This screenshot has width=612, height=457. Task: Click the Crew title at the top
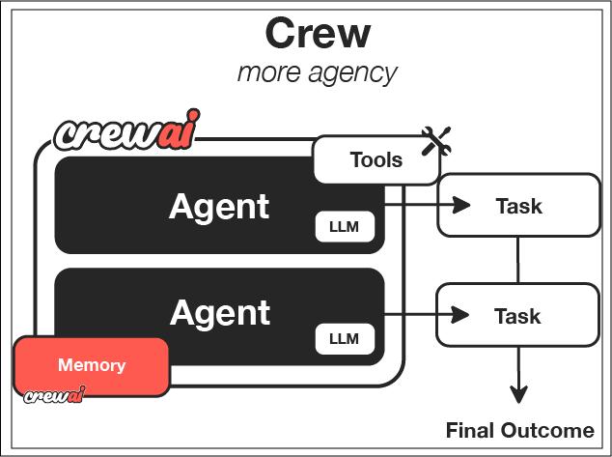click(x=318, y=34)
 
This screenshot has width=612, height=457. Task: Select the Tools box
click(x=376, y=159)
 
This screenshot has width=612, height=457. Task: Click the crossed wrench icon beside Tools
click(x=436, y=143)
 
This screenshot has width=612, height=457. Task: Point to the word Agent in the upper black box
click(x=219, y=207)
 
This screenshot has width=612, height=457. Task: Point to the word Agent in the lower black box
click(x=219, y=313)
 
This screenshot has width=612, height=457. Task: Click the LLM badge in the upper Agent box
click(x=344, y=227)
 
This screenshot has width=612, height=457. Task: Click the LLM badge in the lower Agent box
click(x=344, y=338)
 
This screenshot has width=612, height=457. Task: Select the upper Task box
click(x=518, y=205)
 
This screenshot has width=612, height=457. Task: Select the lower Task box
click(x=518, y=315)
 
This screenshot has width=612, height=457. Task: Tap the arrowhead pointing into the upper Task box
click(x=460, y=205)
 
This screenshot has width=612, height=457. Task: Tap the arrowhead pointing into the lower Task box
click(x=460, y=315)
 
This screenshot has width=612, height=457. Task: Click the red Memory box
click(x=92, y=366)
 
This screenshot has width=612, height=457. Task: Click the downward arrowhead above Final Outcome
click(x=519, y=394)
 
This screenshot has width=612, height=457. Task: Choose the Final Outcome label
click(x=519, y=431)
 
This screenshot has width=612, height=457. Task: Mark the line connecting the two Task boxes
click(x=518, y=259)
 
